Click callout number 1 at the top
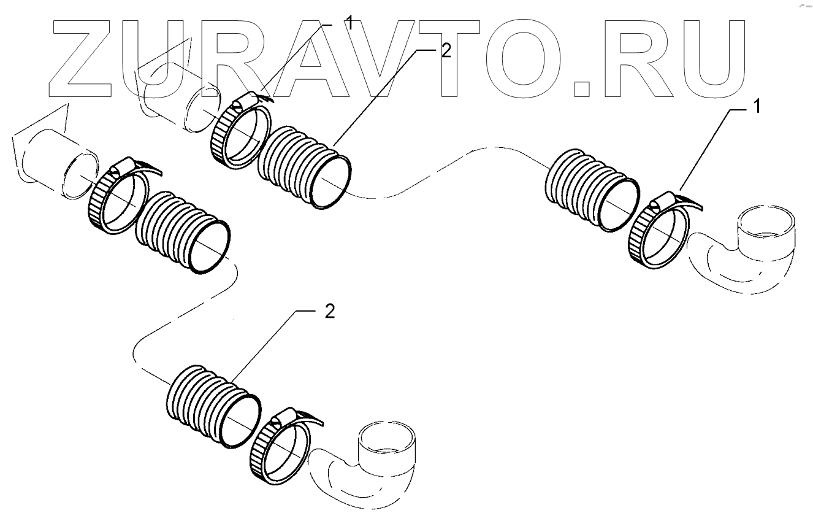point(348,24)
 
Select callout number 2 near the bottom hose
point(329,312)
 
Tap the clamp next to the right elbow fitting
point(660,229)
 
